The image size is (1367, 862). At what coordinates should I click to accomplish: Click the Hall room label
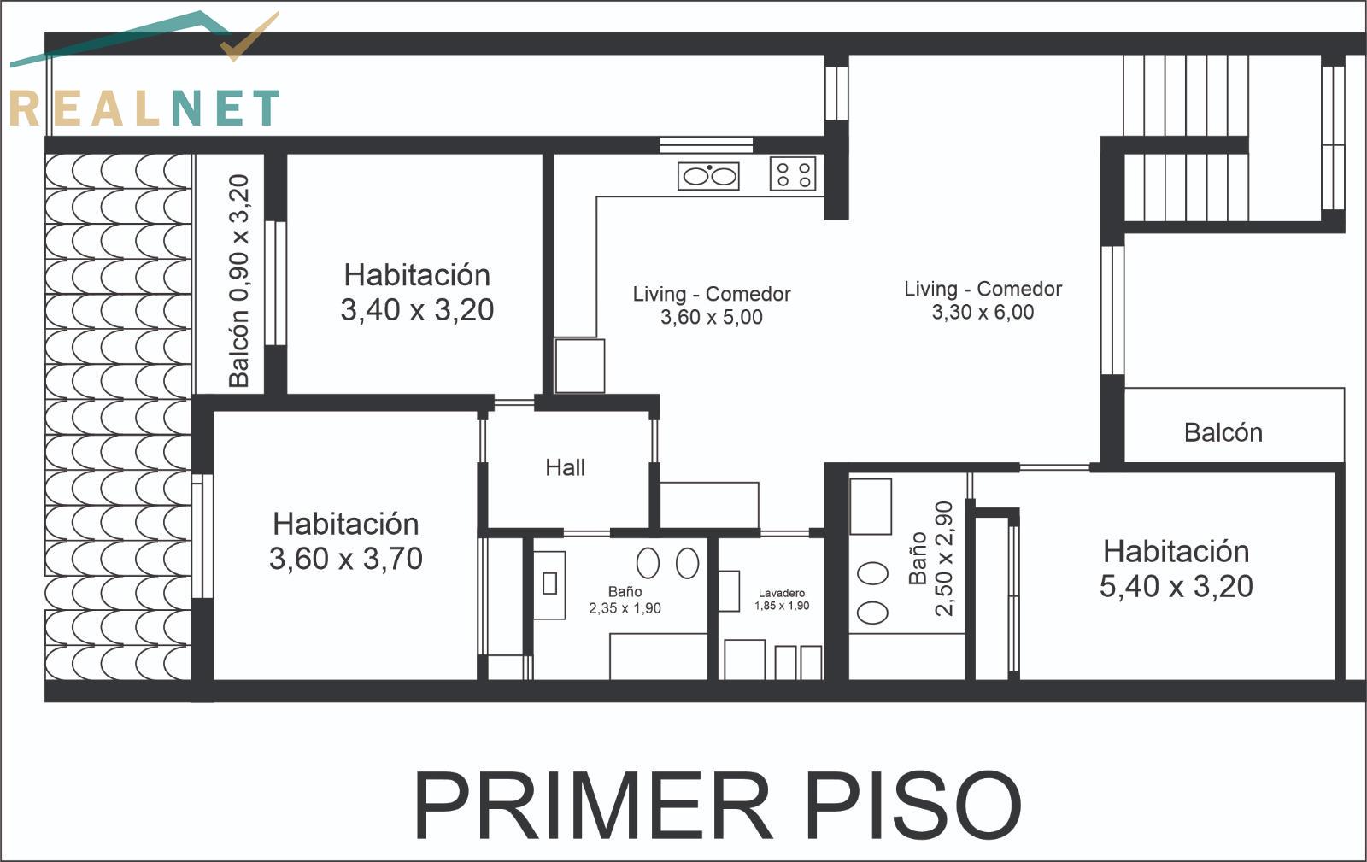(565, 468)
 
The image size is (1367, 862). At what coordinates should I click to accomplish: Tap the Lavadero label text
(781, 593)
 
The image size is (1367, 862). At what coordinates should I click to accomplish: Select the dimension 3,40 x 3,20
(417, 310)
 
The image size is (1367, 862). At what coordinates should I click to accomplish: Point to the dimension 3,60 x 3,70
(346, 559)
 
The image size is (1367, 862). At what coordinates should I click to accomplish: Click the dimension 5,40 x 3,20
(1176, 586)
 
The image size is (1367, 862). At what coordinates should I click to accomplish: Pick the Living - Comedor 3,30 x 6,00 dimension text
(983, 313)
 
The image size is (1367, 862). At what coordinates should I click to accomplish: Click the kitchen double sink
(708, 176)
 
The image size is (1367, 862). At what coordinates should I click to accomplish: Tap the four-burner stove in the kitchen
(793, 174)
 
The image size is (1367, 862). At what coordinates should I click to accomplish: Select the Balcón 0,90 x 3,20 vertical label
(239, 280)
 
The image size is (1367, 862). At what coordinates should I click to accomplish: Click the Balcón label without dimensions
(1223, 432)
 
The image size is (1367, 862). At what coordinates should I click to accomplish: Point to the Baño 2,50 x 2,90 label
(931, 559)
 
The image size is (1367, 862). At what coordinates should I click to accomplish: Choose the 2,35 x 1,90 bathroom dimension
(625, 608)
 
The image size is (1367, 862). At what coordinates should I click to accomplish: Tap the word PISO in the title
(914, 805)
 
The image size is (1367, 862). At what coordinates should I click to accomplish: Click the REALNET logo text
(145, 108)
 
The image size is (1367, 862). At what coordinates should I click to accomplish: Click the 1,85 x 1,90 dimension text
(782, 606)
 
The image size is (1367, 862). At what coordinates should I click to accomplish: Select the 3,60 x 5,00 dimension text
(712, 317)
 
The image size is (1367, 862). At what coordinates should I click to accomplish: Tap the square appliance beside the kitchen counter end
(580, 366)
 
